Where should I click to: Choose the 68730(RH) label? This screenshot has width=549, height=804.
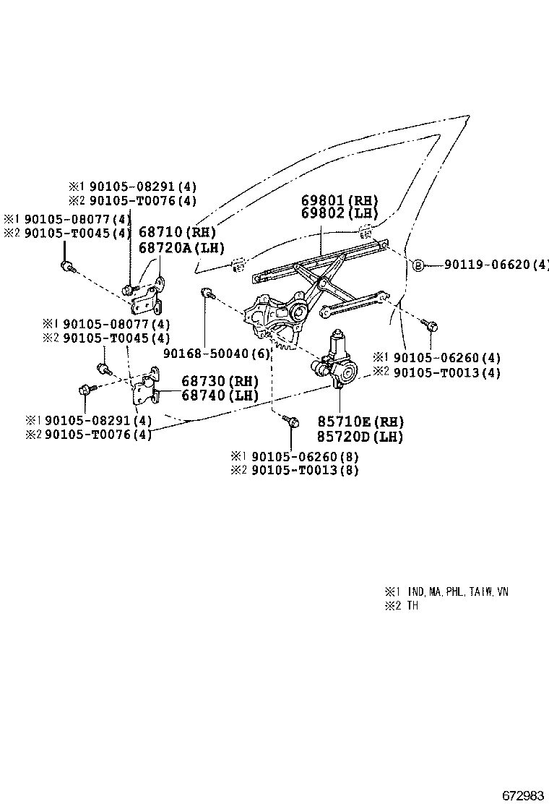(220, 381)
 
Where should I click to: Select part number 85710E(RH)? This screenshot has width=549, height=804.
(360, 422)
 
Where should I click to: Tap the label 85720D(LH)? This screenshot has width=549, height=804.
(360, 437)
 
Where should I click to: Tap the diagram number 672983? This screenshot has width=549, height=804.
(523, 795)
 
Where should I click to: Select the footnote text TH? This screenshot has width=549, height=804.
(412, 606)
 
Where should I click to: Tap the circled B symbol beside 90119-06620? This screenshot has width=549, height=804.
(418, 265)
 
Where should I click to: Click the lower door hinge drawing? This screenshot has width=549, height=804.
(145, 389)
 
